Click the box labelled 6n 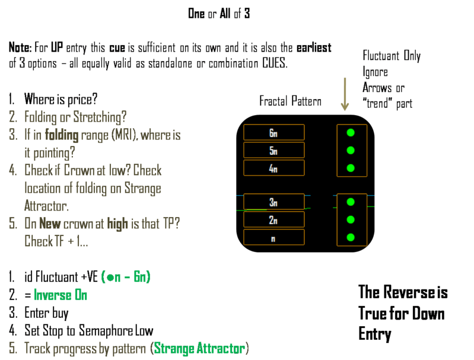[273, 132]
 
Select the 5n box [273, 150]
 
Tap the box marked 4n [273, 168]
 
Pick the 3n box [273, 202]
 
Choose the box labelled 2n [273, 219]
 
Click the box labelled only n [273, 237]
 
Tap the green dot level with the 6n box [351, 132]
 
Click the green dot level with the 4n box [351, 168]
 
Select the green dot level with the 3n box [351, 202]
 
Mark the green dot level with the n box [351, 237]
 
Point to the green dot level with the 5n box [351, 150]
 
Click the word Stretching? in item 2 [97, 117]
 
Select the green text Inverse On [60, 295]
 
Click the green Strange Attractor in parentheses [199, 348]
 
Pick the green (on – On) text [126, 277]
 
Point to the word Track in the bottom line [38, 348]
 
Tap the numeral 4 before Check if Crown [12, 171]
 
